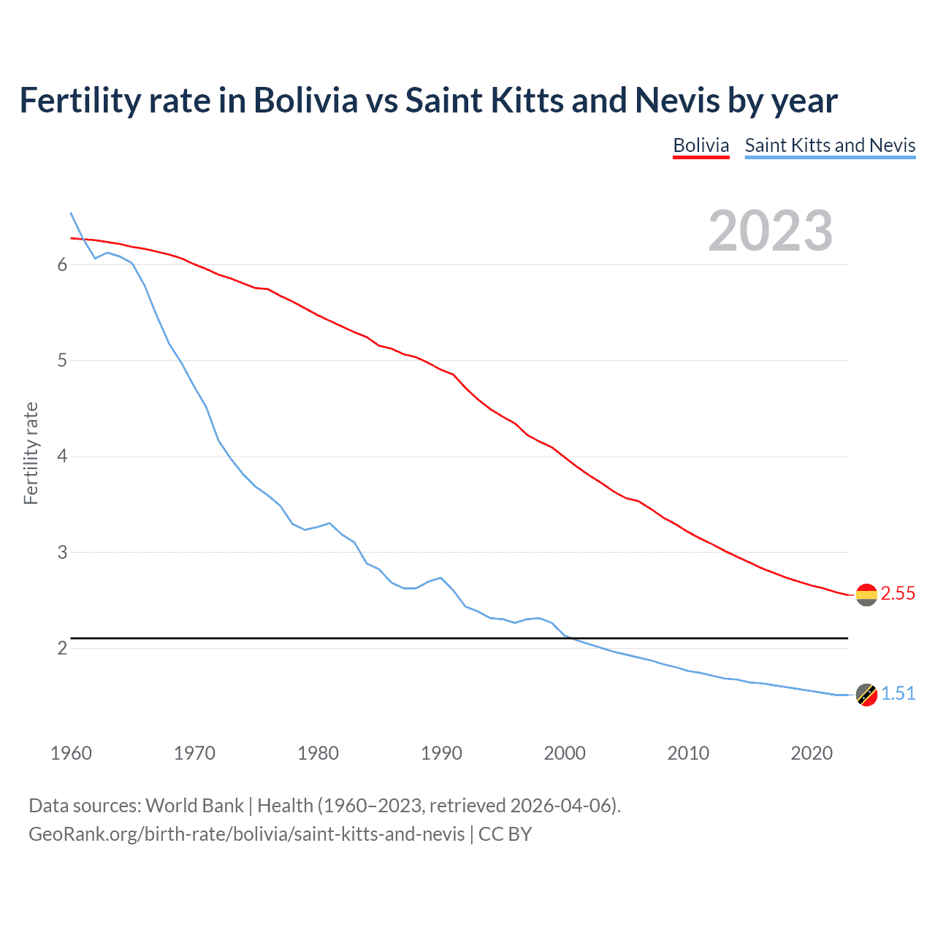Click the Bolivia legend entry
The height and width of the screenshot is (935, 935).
click(x=701, y=145)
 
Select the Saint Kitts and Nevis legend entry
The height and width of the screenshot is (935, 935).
click(x=830, y=145)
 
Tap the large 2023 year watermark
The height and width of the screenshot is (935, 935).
click(x=770, y=231)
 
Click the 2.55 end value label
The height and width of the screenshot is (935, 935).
click(x=898, y=594)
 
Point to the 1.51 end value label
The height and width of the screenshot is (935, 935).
click(x=898, y=694)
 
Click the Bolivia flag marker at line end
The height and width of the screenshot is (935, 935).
click(x=866, y=595)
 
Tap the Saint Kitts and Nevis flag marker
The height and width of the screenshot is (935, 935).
click(x=866, y=695)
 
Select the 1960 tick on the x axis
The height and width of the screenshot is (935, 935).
click(x=71, y=753)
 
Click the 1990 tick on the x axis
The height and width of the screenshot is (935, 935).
click(x=441, y=753)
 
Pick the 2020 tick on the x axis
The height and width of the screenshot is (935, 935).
click(x=812, y=753)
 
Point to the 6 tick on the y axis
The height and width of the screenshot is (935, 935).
click(x=62, y=264)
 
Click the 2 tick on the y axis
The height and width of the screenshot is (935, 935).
click(x=62, y=649)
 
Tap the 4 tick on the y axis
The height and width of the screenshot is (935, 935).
click(x=62, y=457)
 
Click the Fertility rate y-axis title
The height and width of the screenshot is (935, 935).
click(x=31, y=453)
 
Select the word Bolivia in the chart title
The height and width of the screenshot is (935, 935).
click(x=305, y=100)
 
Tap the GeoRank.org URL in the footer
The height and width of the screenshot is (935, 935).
click(x=246, y=834)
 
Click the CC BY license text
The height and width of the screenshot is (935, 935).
click(x=505, y=834)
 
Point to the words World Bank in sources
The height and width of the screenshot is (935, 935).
click(x=194, y=806)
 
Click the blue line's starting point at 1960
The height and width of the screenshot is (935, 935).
click(x=71, y=213)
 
